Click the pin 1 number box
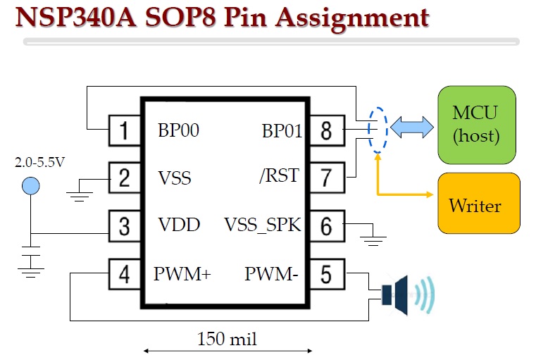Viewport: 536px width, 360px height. tap(125, 130)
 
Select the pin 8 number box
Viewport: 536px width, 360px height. tap(325, 130)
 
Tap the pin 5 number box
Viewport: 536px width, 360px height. tap(325, 273)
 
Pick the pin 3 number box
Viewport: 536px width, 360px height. tap(125, 226)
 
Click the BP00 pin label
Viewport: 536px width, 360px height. tap(178, 130)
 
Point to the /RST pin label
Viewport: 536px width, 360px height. tap(279, 176)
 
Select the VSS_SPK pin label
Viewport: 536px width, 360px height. tap(263, 225)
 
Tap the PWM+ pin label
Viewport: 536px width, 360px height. tap(182, 273)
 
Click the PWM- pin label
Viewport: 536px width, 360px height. tap(271, 273)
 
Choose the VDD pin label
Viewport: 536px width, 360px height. tap(179, 225)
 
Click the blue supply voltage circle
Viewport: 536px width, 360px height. tap(30, 186)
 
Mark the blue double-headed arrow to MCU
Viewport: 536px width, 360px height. tap(411, 128)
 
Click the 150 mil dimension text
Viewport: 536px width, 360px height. tap(227, 340)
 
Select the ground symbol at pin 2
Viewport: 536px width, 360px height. tap(82, 192)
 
